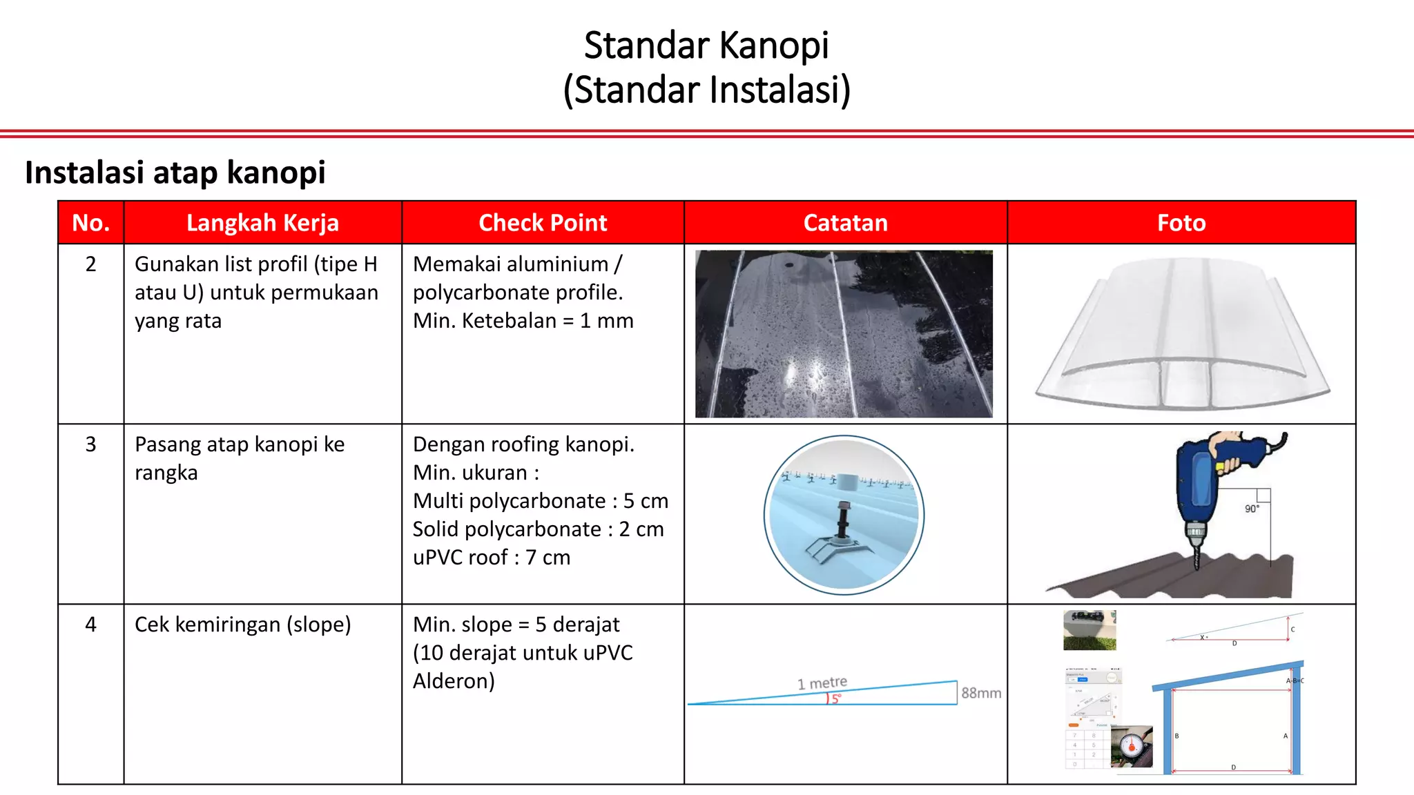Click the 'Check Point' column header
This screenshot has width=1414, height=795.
pyautogui.click(x=543, y=223)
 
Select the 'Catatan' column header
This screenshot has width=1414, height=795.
pyautogui.click(x=845, y=223)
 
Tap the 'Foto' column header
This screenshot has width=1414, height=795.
pyautogui.click(x=1181, y=223)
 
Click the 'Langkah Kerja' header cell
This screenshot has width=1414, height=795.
pyautogui.click(x=262, y=223)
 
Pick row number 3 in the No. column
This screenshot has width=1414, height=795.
pyautogui.click(x=90, y=444)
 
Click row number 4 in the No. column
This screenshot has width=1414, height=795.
pyautogui.click(x=90, y=625)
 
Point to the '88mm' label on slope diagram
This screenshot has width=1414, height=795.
pyautogui.click(x=980, y=693)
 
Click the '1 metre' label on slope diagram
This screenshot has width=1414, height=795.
pyautogui.click(x=822, y=683)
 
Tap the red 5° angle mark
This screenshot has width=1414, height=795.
pyautogui.click(x=834, y=698)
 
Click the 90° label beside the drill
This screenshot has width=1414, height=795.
pyautogui.click(x=1251, y=509)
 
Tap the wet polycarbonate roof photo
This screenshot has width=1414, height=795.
pyautogui.click(x=844, y=334)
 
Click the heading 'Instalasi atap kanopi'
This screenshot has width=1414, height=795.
pyautogui.click(x=175, y=173)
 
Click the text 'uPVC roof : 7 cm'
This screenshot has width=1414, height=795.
pyautogui.click(x=492, y=558)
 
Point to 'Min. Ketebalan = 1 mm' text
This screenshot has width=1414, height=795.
pyautogui.click(x=523, y=321)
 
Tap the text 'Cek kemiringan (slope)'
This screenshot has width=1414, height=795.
pyautogui.click(x=242, y=625)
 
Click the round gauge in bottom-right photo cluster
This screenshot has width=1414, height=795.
pyautogui.click(x=1132, y=745)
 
